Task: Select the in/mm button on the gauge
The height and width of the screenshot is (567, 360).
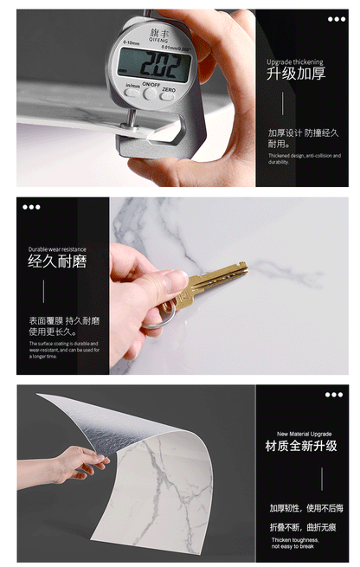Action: click(132, 92)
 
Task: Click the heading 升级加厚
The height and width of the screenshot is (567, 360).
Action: click(296, 74)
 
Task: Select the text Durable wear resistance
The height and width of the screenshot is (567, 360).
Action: click(57, 248)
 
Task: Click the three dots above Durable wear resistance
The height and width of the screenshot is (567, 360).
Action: click(32, 207)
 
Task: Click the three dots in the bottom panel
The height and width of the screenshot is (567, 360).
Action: click(334, 395)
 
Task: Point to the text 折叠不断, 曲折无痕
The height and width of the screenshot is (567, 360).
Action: click(303, 526)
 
